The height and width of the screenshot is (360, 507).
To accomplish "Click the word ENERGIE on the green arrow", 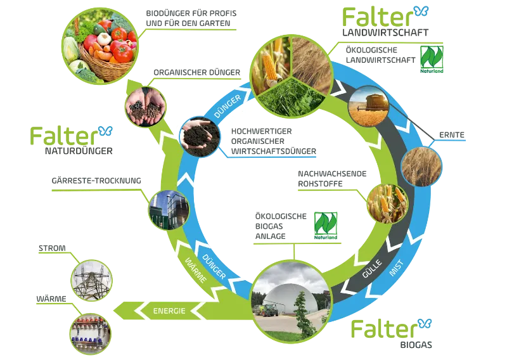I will [x=169, y=311].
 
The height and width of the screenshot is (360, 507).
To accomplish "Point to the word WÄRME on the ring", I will [x=196, y=272].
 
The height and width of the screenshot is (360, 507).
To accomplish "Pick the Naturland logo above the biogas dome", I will [x=326, y=225].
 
